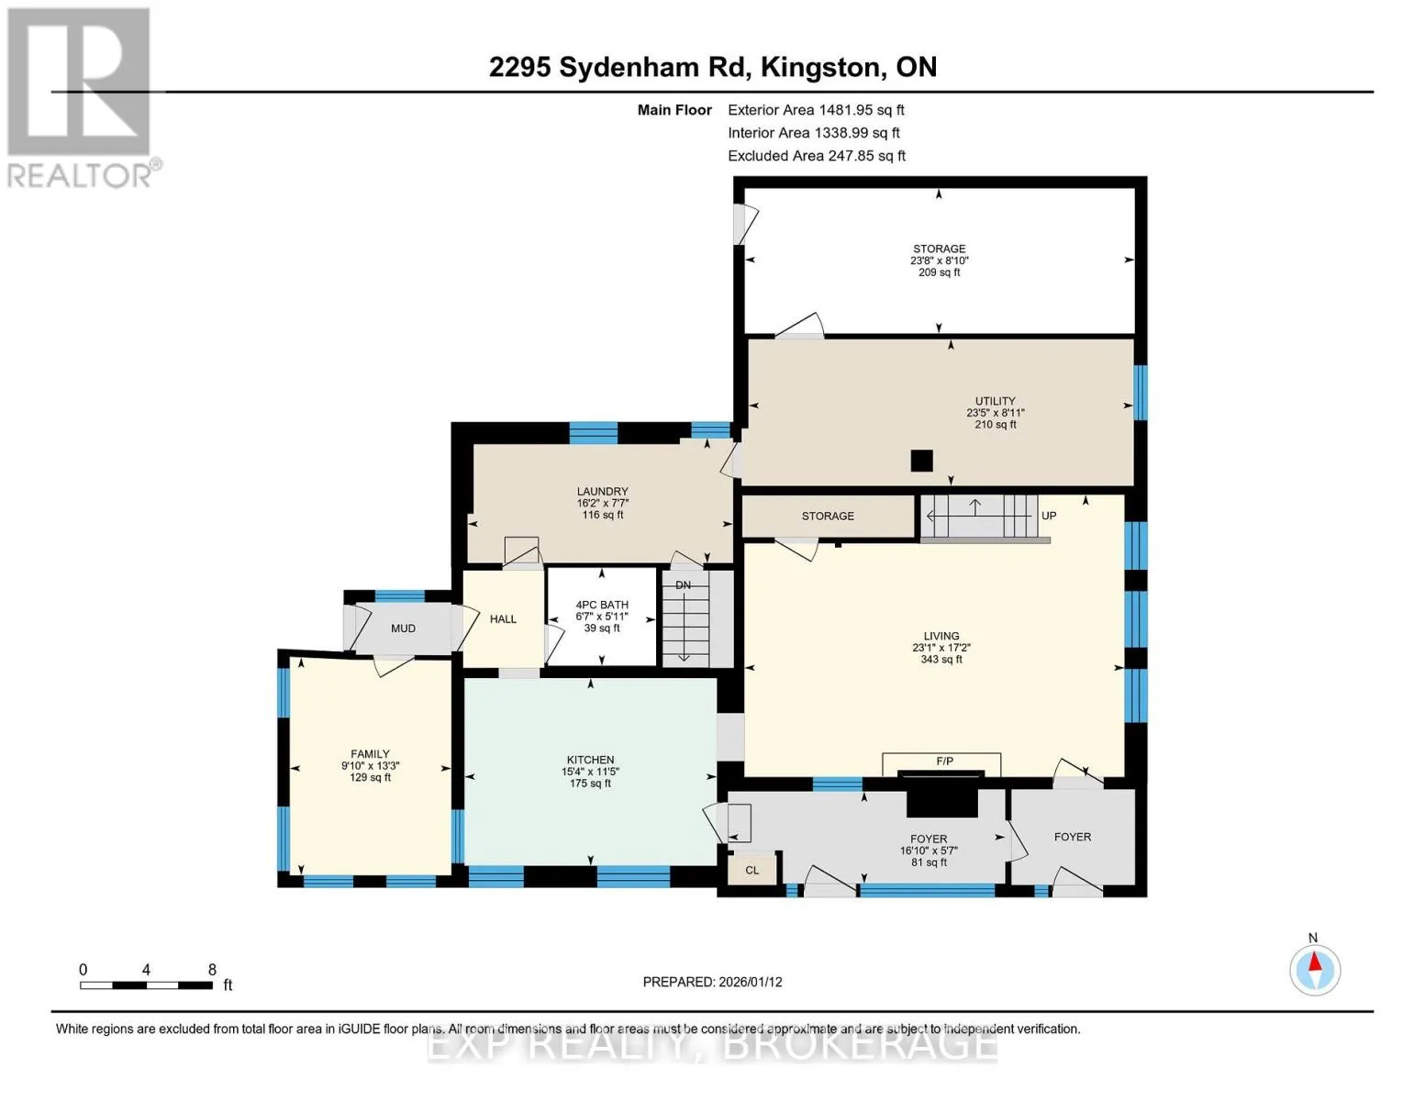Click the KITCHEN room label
[590, 760]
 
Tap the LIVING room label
[941, 636]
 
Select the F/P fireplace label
[944, 762]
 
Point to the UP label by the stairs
[1049, 516]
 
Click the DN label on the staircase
[684, 584]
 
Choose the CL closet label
[751, 870]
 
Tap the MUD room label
[403, 628]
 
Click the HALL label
[503, 618]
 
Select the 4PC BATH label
[602, 605]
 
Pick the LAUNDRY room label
[602, 491]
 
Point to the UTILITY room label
[995, 401]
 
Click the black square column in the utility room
[921, 461]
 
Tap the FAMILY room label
[370, 754]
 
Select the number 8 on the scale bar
[212, 969]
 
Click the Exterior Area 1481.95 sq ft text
[816, 110]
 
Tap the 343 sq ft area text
[941, 659]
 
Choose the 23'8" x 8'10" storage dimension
[939, 261]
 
